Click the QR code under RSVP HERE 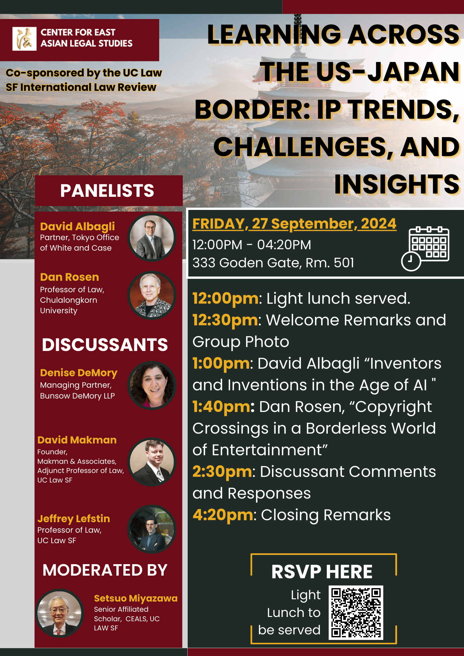[x=356, y=612]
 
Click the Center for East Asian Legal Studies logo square [x=24, y=39]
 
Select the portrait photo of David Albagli [x=152, y=237]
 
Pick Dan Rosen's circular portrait [x=152, y=296]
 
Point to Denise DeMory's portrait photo [x=152, y=385]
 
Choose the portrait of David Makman [x=152, y=462]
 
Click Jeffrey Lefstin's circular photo [x=152, y=529]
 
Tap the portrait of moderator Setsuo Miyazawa [x=60, y=613]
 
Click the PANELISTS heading [x=107, y=191]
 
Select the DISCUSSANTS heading [x=105, y=345]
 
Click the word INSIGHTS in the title [x=397, y=184]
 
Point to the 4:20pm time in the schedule [x=223, y=515]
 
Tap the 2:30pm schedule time [x=222, y=472]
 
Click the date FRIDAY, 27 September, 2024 [x=294, y=224]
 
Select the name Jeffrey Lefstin [x=74, y=519]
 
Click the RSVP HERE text [x=322, y=572]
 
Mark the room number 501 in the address [x=344, y=263]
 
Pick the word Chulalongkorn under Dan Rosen [x=69, y=300]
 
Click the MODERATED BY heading [x=105, y=570]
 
